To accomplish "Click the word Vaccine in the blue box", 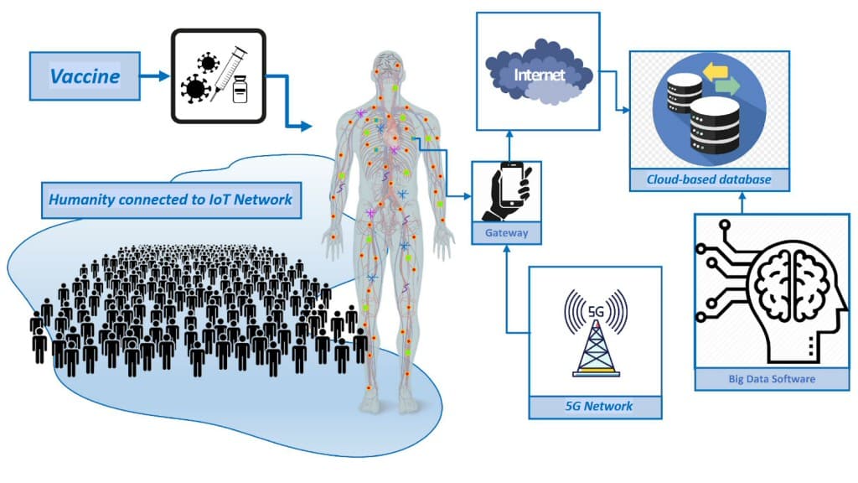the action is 85,76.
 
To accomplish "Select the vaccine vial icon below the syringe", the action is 240,89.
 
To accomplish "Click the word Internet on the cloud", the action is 539,75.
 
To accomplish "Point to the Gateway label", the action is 506,233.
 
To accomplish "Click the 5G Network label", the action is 598,407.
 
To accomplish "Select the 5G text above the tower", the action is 596,312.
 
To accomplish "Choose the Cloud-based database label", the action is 709,179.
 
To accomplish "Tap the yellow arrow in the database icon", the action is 716,72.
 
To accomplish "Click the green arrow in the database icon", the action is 727,86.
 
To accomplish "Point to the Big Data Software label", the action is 772,379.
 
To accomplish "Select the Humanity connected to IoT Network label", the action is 171,200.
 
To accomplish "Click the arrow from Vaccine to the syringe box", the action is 155,76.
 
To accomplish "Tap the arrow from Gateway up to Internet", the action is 509,146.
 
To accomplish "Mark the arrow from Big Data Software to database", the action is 742,203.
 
